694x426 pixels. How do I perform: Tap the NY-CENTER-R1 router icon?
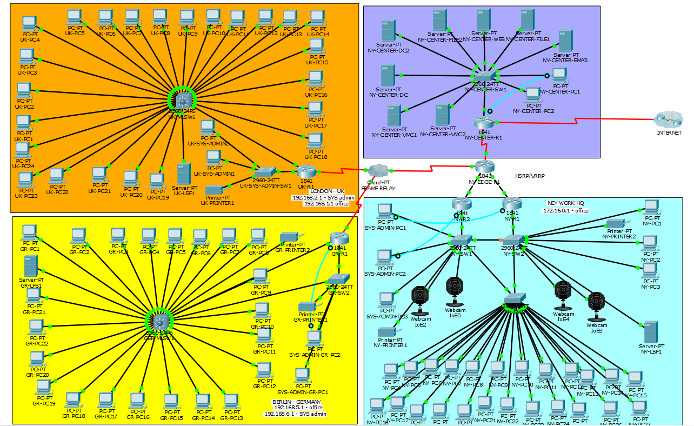(x=485, y=123)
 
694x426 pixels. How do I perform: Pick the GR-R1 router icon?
(x=339, y=238)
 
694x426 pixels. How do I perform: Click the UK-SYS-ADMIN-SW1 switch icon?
(x=266, y=172)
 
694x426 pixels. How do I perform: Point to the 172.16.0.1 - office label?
(x=566, y=211)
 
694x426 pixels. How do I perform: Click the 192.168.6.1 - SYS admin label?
(x=295, y=414)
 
